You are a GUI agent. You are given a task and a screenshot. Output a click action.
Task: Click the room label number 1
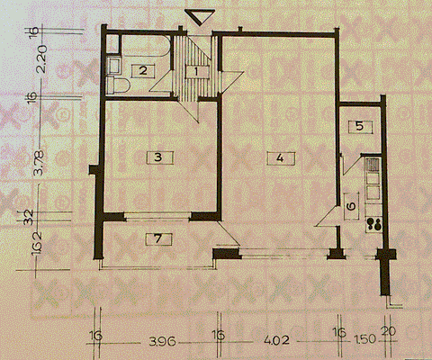click(x=197, y=73)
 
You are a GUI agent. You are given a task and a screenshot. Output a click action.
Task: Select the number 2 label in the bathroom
click(x=141, y=70)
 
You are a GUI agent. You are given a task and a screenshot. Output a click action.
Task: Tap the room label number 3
click(x=157, y=157)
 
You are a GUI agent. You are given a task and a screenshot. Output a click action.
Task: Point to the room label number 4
click(x=281, y=157)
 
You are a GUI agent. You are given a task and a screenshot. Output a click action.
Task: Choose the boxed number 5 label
click(x=358, y=125)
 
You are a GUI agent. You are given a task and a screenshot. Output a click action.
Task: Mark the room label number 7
click(x=157, y=238)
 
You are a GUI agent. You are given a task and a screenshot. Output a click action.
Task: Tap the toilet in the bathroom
click(x=118, y=85)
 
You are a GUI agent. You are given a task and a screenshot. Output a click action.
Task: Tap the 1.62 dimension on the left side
click(x=38, y=243)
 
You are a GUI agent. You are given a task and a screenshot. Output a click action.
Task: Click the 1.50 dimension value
click(x=363, y=342)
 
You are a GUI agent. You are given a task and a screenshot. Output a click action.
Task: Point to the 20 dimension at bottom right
click(x=390, y=334)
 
